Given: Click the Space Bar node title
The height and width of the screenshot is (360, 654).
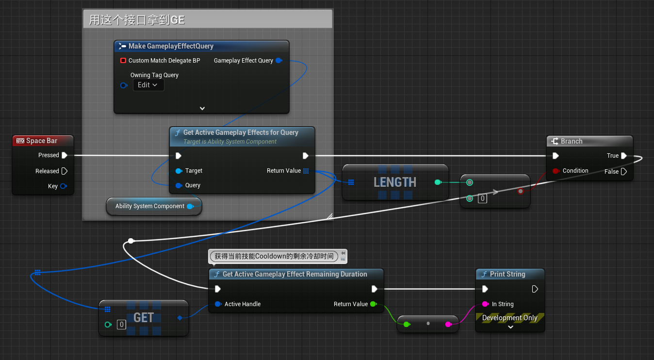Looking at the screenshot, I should pos(42,141).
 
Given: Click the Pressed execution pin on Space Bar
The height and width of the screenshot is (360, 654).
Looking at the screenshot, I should pos(65,155).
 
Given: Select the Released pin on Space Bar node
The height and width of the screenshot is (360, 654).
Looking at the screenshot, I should pos(65,171).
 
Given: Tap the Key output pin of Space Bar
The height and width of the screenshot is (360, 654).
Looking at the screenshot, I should pos(64,186).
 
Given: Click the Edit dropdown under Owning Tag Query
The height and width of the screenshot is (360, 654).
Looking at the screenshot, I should pos(148,85).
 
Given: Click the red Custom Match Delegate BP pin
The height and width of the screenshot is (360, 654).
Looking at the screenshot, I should pos(123,61).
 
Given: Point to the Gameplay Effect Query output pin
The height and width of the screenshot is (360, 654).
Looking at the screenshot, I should pos(278,61).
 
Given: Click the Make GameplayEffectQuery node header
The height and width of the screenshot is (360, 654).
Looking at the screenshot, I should pos(171,46).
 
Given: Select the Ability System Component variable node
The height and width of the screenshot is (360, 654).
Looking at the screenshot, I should pos(150,206).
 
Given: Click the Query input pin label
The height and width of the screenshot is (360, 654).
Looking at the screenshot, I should pos(193,185).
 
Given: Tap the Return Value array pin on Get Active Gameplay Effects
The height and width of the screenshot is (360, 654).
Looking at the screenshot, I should pos(306,171).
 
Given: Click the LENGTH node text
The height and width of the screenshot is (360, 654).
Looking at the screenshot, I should pos(395,182).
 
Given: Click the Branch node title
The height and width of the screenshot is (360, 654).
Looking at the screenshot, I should pos(572,141).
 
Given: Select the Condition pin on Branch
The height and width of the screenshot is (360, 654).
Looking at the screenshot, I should pos(556,171).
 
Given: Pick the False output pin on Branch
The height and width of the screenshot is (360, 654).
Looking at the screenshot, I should pos(624,172).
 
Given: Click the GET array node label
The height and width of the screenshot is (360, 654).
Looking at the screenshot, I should pos(144,318).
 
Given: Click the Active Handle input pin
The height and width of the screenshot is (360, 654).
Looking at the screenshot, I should pos(218,304).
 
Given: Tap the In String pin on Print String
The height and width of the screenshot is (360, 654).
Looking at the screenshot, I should pos(485,304).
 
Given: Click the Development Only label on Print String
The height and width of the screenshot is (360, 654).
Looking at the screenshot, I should pos(509,318).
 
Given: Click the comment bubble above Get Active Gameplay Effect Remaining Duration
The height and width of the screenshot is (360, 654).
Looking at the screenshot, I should pos(274,256).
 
